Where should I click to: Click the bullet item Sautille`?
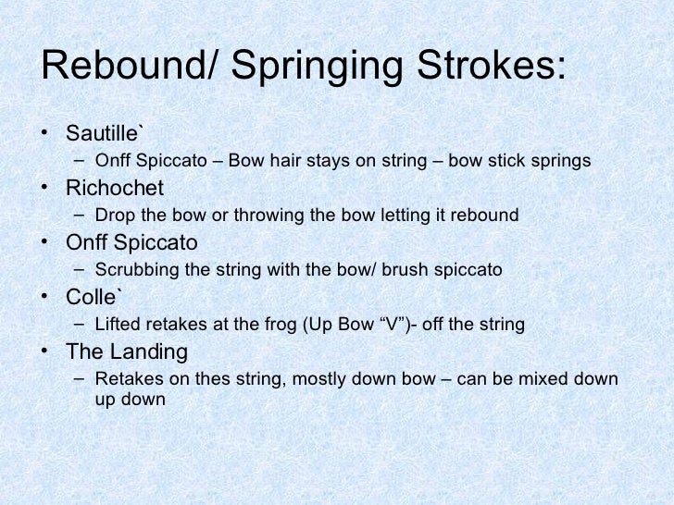click(x=104, y=133)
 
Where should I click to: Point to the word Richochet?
click(x=114, y=188)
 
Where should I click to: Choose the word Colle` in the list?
click(x=96, y=298)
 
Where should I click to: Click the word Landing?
click(x=144, y=352)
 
